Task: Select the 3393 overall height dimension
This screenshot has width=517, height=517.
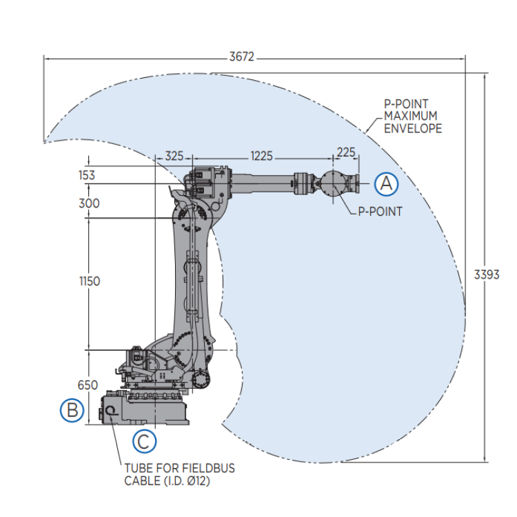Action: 487,274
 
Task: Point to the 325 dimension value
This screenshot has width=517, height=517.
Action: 174,156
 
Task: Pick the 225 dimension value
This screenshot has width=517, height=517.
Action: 345,152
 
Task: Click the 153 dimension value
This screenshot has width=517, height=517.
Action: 86,175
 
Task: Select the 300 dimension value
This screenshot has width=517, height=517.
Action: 88,203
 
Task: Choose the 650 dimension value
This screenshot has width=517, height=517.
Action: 88,385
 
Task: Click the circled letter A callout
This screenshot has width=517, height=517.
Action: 387,183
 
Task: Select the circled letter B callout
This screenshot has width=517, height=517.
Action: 72,411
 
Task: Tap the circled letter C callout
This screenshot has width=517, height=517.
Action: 144,441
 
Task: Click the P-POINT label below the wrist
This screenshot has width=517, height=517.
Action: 379,212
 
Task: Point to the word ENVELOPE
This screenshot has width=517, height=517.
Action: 413,129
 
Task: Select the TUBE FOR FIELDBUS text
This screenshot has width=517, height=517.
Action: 179,468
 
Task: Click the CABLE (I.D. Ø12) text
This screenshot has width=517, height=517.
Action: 167,480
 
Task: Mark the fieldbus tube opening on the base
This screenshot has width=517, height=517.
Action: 110,411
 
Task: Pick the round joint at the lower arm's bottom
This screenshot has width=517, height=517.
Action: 202,378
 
